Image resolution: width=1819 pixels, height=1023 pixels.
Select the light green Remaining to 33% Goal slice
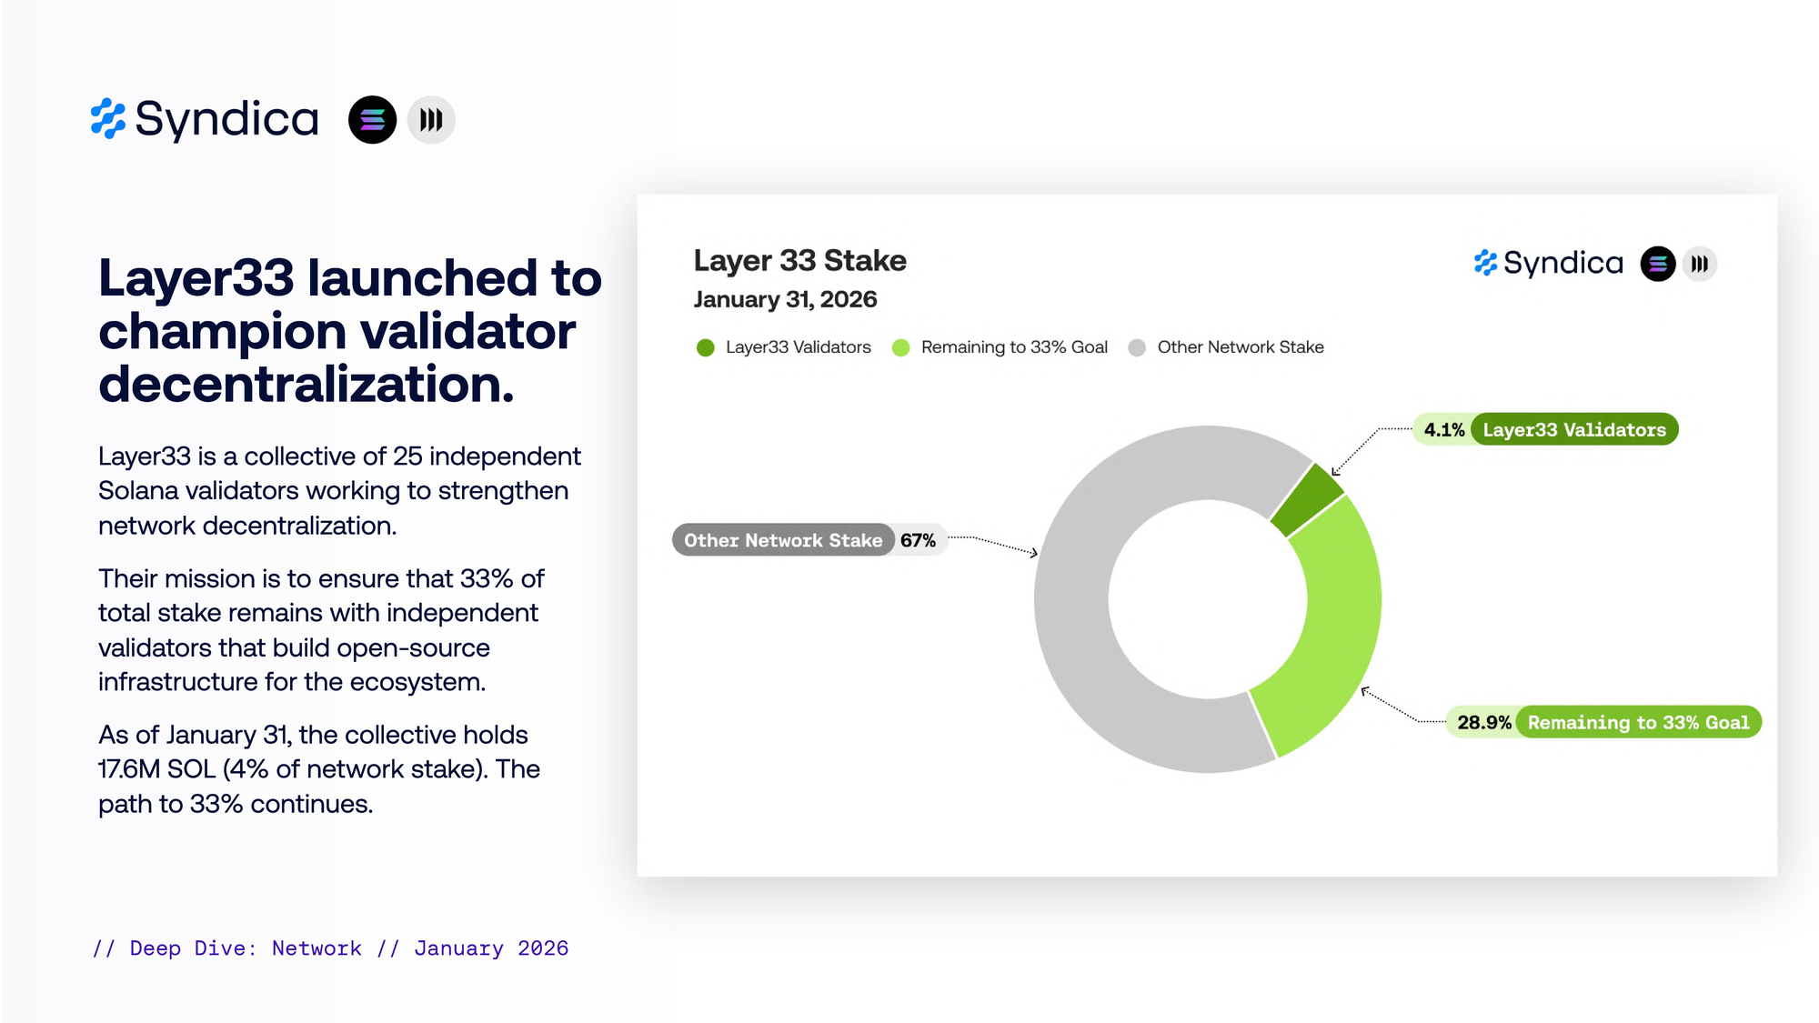click(x=1337, y=627)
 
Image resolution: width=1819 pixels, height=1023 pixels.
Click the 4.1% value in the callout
click(x=1444, y=430)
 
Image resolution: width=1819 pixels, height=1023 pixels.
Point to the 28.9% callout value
click(x=1484, y=723)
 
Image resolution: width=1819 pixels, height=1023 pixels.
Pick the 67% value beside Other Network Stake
click(x=918, y=541)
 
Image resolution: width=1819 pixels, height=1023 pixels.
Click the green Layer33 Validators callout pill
click(x=1574, y=430)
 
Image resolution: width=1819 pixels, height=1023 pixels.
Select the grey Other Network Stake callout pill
click(x=783, y=540)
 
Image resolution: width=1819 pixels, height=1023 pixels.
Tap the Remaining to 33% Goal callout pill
click(x=1638, y=723)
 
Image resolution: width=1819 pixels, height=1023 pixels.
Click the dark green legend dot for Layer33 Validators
click(x=705, y=347)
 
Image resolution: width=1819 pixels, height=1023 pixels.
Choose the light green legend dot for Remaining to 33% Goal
click(x=900, y=347)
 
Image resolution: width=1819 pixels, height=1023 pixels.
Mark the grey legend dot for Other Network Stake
click(x=1137, y=347)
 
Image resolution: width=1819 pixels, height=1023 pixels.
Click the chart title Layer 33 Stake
click(x=799, y=261)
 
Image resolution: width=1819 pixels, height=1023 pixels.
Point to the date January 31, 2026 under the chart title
click(x=785, y=299)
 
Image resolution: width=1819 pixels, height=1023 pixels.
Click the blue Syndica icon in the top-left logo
click(x=108, y=119)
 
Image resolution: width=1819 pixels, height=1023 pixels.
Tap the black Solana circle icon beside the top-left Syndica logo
click(x=373, y=120)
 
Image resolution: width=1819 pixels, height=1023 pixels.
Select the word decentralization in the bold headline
click(x=307, y=384)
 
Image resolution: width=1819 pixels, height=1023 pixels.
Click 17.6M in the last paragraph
click(x=130, y=769)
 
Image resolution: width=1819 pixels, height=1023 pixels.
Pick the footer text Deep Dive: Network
click(x=246, y=948)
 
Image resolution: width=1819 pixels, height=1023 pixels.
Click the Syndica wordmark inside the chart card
click(x=1563, y=264)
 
